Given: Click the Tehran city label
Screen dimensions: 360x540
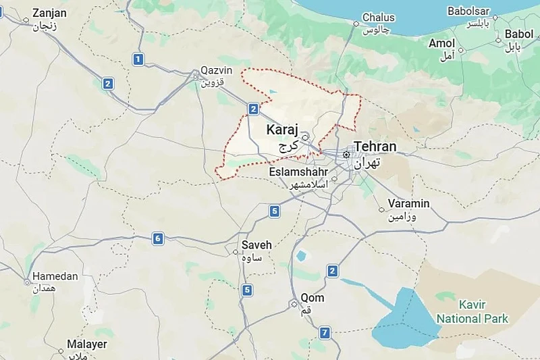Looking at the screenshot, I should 375,147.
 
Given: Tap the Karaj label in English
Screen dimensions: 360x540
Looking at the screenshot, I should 282,129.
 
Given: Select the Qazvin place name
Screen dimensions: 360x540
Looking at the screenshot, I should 216,71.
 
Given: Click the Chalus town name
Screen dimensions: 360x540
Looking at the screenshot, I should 379,18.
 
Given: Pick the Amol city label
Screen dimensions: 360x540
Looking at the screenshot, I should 442,43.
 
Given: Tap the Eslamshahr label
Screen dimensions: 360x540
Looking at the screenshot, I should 298,172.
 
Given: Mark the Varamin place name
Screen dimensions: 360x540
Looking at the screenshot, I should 408,204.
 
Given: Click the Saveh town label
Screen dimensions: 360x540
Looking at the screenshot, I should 256,245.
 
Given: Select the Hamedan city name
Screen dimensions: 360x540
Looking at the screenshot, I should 55,276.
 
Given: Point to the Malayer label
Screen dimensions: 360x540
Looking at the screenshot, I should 86,344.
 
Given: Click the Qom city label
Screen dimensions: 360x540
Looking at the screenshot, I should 313,298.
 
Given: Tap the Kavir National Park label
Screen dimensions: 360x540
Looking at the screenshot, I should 473,311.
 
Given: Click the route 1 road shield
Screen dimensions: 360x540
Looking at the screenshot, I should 138,59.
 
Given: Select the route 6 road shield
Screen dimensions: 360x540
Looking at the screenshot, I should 158,238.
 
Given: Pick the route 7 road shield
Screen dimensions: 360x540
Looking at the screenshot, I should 325,332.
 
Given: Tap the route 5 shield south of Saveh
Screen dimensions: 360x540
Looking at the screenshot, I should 248,290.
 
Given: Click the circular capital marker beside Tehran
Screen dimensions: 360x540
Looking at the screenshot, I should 346,155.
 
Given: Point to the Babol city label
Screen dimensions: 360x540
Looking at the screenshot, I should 518,34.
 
